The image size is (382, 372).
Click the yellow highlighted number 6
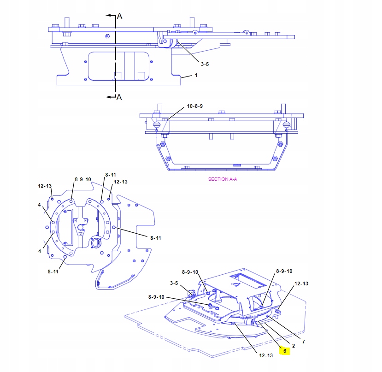pos(285,351)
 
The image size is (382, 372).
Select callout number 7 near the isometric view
pos(304,342)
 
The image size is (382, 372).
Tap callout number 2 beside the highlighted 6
pos(294,345)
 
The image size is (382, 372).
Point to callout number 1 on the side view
pos(196,76)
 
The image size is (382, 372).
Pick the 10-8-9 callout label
pos(194,106)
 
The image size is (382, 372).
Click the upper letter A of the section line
pos(119,16)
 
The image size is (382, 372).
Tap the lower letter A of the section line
pos(119,97)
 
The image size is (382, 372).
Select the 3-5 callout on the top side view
pos(205,65)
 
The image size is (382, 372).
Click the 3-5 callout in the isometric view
pos(174,283)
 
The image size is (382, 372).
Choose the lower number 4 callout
pos(40,251)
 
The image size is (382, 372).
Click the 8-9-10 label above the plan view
pos(83,179)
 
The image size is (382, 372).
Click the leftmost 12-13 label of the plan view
pos(45,186)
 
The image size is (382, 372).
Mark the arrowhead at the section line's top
pos(108,15)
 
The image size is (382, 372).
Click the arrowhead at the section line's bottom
pos(108,96)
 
